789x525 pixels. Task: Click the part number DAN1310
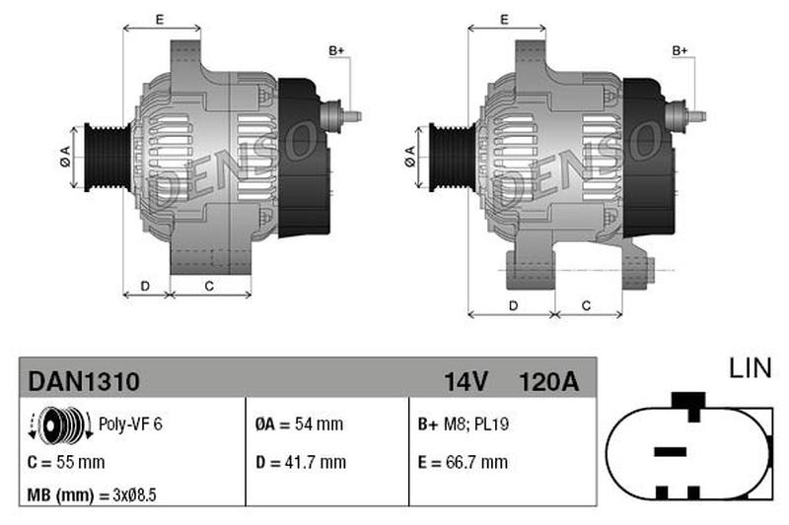pyautogui.click(x=84, y=382)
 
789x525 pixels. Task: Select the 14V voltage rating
pyautogui.click(x=466, y=382)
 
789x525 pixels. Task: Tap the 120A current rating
pyautogui.click(x=548, y=382)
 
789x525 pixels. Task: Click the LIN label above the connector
pyautogui.click(x=750, y=368)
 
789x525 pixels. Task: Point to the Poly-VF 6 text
pyautogui.click(x=130, y=424)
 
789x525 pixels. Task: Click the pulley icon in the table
pyautogui.click(x=60, y=426)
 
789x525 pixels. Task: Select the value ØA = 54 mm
pyautogui.click(x=299, y=424)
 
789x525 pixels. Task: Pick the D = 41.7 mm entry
pyautogui.click(x=301, y=462)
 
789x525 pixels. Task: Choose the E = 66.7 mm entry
pyautogui.click(x=463, y=462)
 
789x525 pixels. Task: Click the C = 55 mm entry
pyautogui.click(x=66, y=462)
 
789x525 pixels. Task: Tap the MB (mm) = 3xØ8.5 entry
pyautogui.click(x=92, y=495)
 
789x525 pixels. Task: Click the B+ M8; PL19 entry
pyautogui.click(x=463, y=424)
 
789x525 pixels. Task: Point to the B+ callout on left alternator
pyautogui.click(x=336, y=51)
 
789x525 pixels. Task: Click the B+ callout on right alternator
pyautogui.click(x=680, y=51)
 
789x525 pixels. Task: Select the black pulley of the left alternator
pyautogui.click(x=108, y=158)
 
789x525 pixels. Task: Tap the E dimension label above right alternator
pyautogui.click(x=504, y=20)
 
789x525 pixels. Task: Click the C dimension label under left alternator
pyautogui.click(x=209, y=286)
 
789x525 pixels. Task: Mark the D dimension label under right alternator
pyautogui.click(x=513, y=305)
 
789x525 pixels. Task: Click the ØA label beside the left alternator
pyautogui.click(x=65, y=157)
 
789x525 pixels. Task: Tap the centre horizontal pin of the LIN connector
pyautogui.click(x=670, y=451)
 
